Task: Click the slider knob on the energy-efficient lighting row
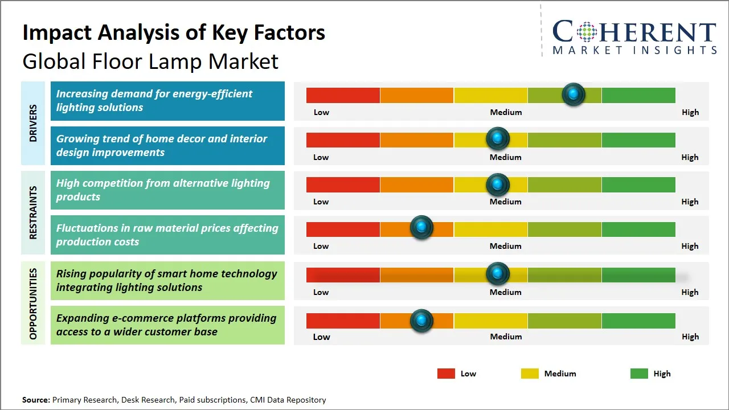coord(574,94)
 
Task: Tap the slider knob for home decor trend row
coord(498,138)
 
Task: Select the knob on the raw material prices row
coord(421,228)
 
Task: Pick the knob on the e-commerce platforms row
coord(421,321)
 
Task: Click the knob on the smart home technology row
coord(498,274)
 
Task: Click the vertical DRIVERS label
coord(33,123)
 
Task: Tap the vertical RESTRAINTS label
coord(33,212)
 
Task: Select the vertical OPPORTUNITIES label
coord(33,304)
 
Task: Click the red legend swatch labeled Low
coord(446,374)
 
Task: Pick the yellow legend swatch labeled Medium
coord(530,374)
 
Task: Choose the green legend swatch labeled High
coord(639,374)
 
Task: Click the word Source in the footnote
coord(35,400)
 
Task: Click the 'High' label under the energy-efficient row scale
coord(690,112)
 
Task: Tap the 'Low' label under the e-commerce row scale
coord(321,337)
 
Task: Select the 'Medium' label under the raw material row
coord(506,246)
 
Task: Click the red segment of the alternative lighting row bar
coord(343,184)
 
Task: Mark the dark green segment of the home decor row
coord(638,140)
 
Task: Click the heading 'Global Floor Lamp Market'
coord(150,61)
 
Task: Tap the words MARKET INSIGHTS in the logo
coord(634,50)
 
